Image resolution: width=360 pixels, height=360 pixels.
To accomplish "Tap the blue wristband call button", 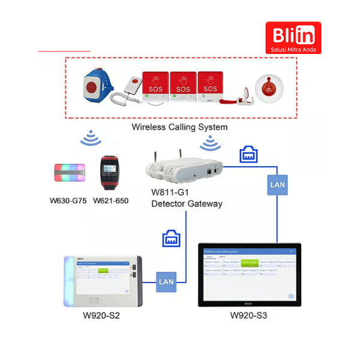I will (x=93, y=86).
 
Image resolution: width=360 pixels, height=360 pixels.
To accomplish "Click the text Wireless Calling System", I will (x=179, y=127).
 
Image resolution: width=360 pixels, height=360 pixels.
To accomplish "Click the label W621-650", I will (x=110, y=200).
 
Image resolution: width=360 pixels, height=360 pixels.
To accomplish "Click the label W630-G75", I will (x=68, y=200).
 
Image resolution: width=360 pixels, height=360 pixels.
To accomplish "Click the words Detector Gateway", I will (x=187, y=204).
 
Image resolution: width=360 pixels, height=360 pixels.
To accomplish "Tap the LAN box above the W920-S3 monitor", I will (x=277, y=185).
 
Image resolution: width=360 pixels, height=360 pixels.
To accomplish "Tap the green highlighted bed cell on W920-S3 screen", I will (x=250, y=263).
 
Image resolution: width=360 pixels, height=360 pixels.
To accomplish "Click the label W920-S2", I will (x=101, y=316).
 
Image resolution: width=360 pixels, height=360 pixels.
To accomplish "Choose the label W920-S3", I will (x=248, y=316).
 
